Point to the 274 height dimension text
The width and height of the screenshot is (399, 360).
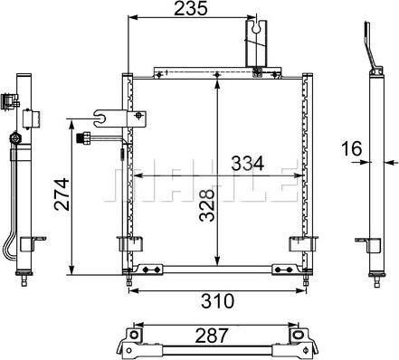click(59, 193)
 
